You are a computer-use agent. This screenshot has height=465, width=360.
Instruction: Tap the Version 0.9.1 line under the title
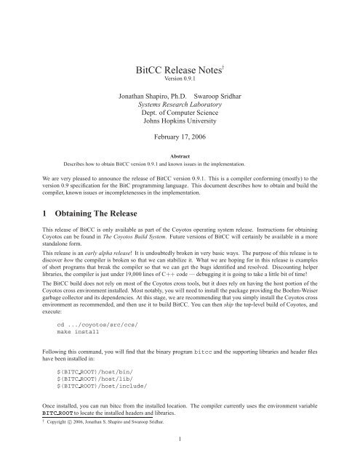click(180, 80)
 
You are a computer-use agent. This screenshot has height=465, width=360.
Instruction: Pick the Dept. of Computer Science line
click(180, 116)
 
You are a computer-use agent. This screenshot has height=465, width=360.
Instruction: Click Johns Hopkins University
click(180, 126)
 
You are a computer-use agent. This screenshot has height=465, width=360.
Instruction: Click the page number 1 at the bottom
click(180, 458)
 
